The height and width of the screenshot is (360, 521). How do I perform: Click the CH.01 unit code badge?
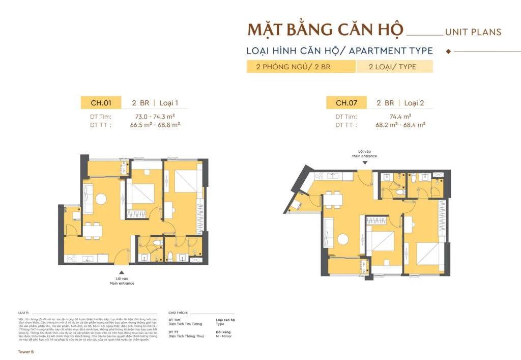pyautogui.click(x=101, y=102)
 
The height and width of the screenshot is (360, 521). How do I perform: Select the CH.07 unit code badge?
pyautogui.click(x=346, y=102)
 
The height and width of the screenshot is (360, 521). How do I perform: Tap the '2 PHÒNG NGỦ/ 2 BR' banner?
pyautogui.click(x=301, y=67)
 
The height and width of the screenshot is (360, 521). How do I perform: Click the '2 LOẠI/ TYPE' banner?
pyautogui.click(x=394, y=67)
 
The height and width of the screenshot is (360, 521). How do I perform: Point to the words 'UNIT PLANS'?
pyautogui.click(x=473, y=32)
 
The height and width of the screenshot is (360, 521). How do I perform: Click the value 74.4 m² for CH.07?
pyautogui.click(x=400, y=117)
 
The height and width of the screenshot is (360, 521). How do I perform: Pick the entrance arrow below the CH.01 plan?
pyautogui.click(x=122, y=272)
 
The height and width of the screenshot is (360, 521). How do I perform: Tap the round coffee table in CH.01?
pyautogui.click(x=100, y=198)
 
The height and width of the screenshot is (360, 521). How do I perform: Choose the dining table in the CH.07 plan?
pyautogui.click(x=333, y=199)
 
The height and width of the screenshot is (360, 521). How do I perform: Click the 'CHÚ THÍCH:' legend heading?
pyautogui.click(x=178, y=313)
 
